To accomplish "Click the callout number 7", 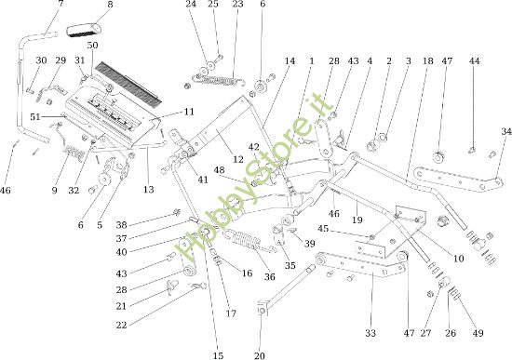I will point(61,5).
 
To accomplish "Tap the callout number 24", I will point(191,5).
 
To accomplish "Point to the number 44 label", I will point(475,60).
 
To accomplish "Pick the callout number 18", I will point(428,60).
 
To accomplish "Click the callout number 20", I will point(259,354).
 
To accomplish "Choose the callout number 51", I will point(35,116).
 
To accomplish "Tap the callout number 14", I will point(290,60).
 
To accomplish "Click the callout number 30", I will point(41,60).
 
